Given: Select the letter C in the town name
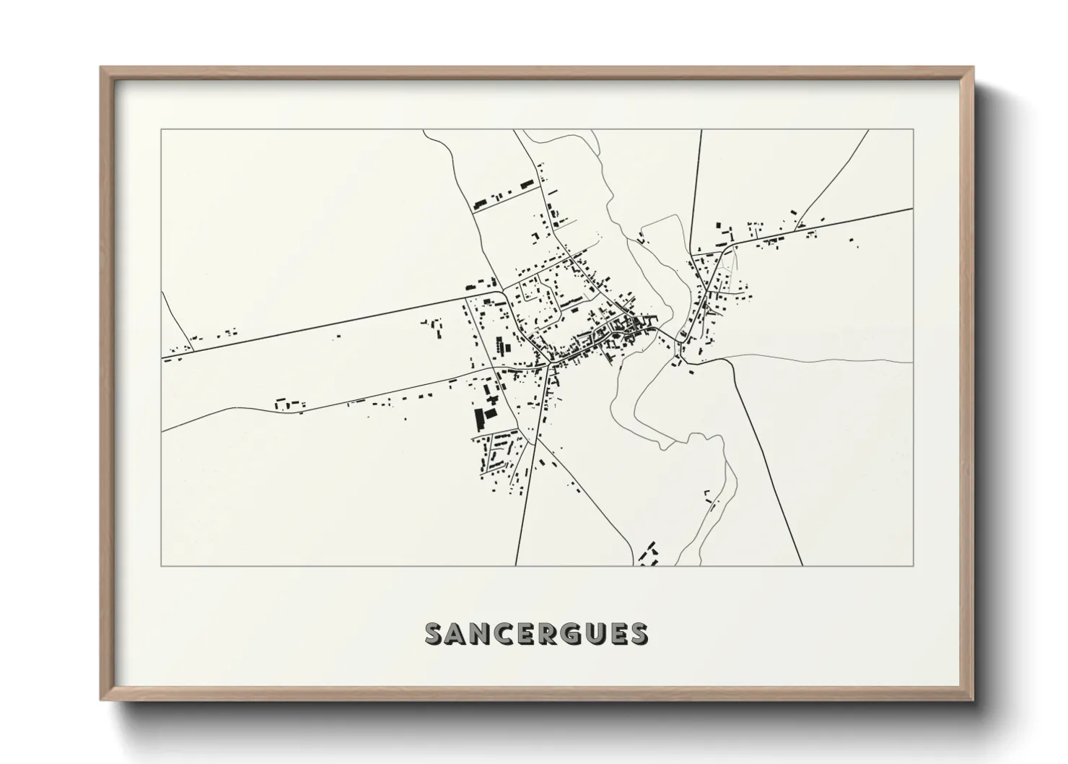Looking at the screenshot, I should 509,634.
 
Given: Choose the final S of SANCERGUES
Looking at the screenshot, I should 637,634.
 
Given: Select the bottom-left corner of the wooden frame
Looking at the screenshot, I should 101,700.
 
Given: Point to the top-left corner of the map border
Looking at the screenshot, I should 161,130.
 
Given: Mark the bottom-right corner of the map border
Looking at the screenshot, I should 914,565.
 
